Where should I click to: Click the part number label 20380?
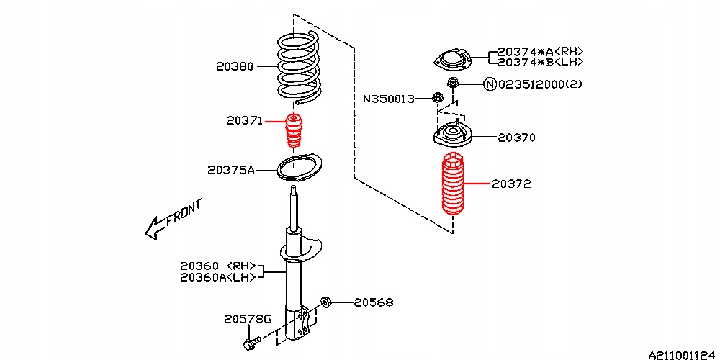pos(235,66)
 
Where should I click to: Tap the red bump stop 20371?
pos(294,132)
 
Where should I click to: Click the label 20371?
pos(244,121)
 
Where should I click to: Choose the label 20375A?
pos(230,171)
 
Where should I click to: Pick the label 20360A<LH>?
pos(217,277)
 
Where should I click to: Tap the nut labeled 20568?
pos(325,302)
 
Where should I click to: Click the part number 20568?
pos(373,302)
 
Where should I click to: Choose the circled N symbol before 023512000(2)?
pos(490,84)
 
